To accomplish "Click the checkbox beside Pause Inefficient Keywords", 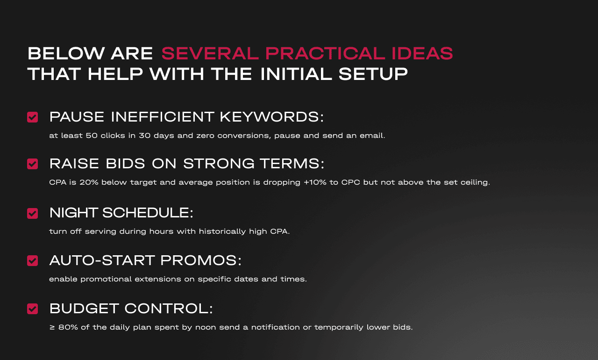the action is point(32,117).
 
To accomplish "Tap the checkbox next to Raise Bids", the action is point(32,164).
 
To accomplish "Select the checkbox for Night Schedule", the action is point(32,213).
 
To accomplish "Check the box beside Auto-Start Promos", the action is point(32,260).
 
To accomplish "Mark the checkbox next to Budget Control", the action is point(32,309).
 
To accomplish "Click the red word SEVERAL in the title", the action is point(210,53).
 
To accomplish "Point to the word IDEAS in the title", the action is point(422,53).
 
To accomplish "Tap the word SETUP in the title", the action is point(373,74).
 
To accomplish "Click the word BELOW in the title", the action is point(66,53).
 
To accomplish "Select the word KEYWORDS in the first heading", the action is point(272,117).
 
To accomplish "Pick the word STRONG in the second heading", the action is point(219,164).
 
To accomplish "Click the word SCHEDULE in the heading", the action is point(148,213).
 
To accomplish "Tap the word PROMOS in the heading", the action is point(201,260).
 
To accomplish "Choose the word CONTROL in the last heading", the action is point(169,309).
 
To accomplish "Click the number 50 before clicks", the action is point(92,136).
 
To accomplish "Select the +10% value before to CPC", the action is point(315,182).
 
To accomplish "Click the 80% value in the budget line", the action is point(68,327).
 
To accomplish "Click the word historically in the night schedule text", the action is point(222,231).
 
